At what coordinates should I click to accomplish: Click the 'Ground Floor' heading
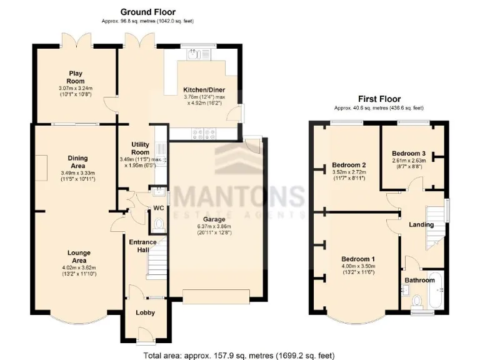coord(147,12)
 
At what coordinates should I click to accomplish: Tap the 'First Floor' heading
coord(379,99)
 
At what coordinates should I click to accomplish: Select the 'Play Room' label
coord(76,77)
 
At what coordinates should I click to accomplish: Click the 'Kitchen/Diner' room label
coord(204,90)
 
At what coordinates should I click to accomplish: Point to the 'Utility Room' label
coord(140,148)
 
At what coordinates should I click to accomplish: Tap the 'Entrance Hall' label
coord(141,245)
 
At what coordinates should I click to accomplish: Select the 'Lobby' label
coord(144,312)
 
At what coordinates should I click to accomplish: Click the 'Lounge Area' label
coord(79,256)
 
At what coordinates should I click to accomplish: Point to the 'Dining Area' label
coord(78,162)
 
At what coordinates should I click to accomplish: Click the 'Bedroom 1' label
coord(358,259)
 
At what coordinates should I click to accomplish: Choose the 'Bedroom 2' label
coord(349,165)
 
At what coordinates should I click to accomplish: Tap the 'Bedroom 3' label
coord(409,153)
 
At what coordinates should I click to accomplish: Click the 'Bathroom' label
coord(419,280)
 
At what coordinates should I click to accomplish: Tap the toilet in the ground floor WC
coord(159,223)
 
